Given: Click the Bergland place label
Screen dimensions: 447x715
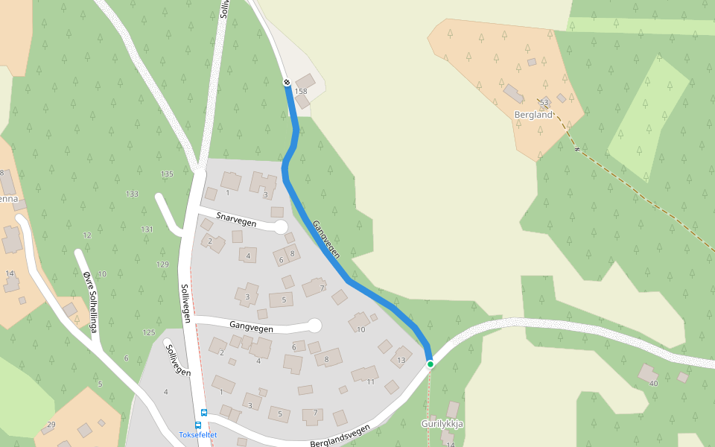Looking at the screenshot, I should pos(533,115).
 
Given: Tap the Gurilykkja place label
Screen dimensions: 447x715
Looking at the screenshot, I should pos(442,423).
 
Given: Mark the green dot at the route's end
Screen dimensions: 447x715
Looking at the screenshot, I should pos(430,364).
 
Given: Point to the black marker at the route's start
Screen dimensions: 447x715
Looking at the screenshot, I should pos(287,82).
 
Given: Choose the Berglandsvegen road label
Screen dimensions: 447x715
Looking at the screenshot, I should pos(340,436).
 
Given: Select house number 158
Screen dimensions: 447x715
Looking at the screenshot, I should pos(301,92).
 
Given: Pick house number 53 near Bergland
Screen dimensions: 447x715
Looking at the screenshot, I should pos(544,102).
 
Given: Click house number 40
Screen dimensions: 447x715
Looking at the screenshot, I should pos(654,383).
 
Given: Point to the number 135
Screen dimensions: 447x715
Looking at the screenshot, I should pos(167,174).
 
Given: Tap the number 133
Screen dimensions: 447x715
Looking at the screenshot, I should pos(132,194).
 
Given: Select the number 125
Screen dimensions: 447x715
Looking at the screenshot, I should pos(149,332).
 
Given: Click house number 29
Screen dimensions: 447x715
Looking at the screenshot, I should pos(51,425).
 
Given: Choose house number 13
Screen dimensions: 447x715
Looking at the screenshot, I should pos(401,361).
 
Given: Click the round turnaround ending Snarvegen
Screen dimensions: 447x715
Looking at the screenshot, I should pos(281,227).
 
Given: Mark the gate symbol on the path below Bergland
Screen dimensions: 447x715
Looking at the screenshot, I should pos(576,149).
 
